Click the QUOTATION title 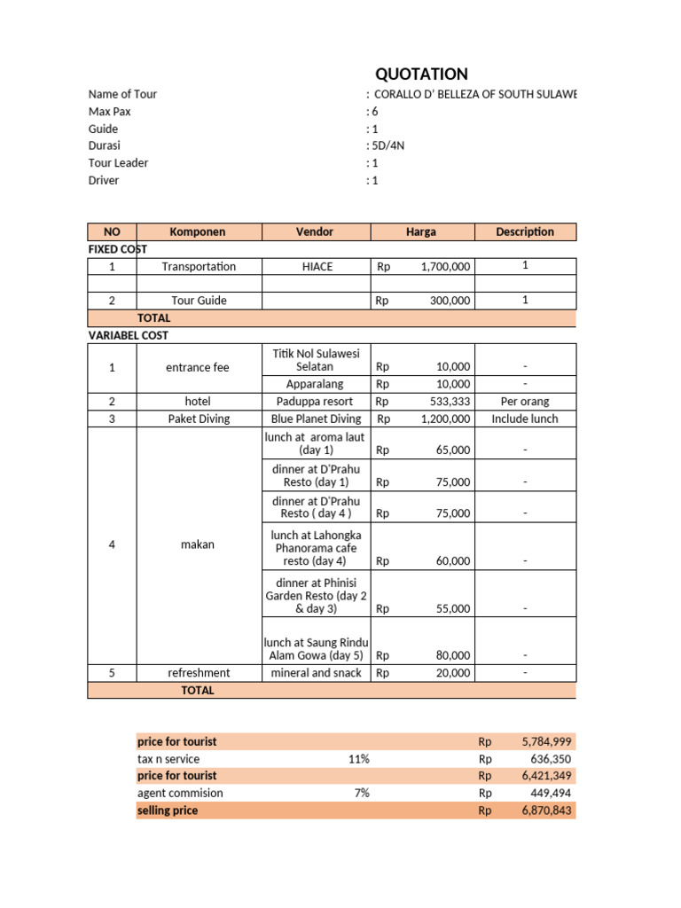tap(421, 74)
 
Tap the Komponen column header tap(197, 232)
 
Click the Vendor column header tap(315, 232)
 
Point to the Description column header tap(525, 232)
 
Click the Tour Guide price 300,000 tap(450, 301)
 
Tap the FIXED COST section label tap(117, 250)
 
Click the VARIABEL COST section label tap(128, 336)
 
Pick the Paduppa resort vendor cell tap(315, 402)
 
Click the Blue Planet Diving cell tap(316, 419)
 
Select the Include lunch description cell tap(525, 419)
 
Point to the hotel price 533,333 tap(450, 402)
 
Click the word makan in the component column tap(197, 544)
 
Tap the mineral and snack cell tap(316, 673)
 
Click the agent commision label tap(180, 794)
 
